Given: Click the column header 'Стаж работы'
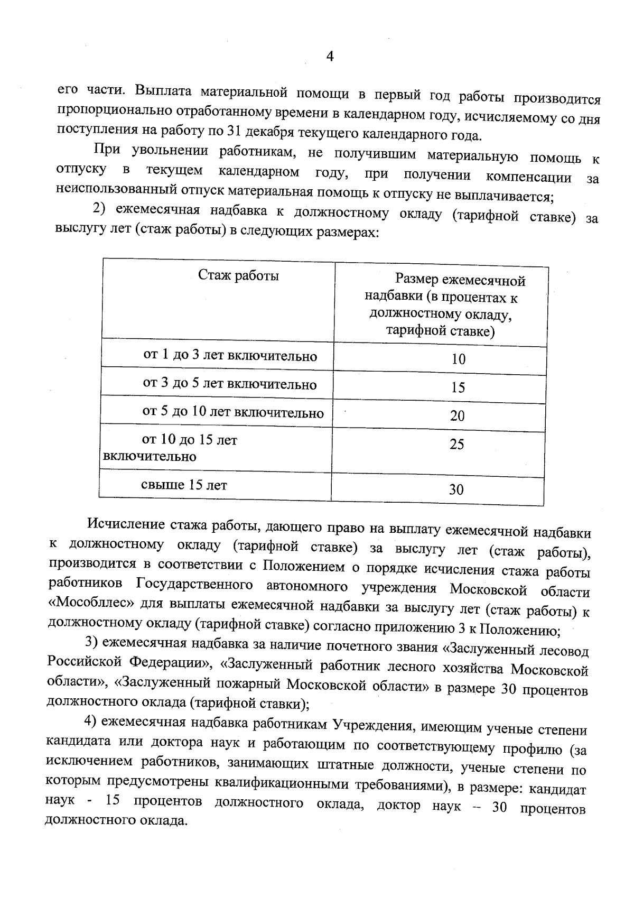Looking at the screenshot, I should pos(238,275).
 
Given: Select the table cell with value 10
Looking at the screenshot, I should pos(458,359).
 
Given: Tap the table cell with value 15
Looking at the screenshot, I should pos(458,388).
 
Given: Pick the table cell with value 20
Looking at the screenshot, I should pos(457,416).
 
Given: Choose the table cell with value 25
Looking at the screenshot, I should pos(456,445).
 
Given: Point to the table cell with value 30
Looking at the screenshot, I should pos(456,490).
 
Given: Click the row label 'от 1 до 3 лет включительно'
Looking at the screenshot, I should pos(230,356).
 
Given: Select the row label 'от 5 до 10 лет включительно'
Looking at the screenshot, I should pos(232,412).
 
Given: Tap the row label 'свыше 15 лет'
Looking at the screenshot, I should pos(184,485).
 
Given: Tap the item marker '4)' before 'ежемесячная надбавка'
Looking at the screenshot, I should pos(91,721).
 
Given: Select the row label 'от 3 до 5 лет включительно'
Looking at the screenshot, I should pos(229,384).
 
